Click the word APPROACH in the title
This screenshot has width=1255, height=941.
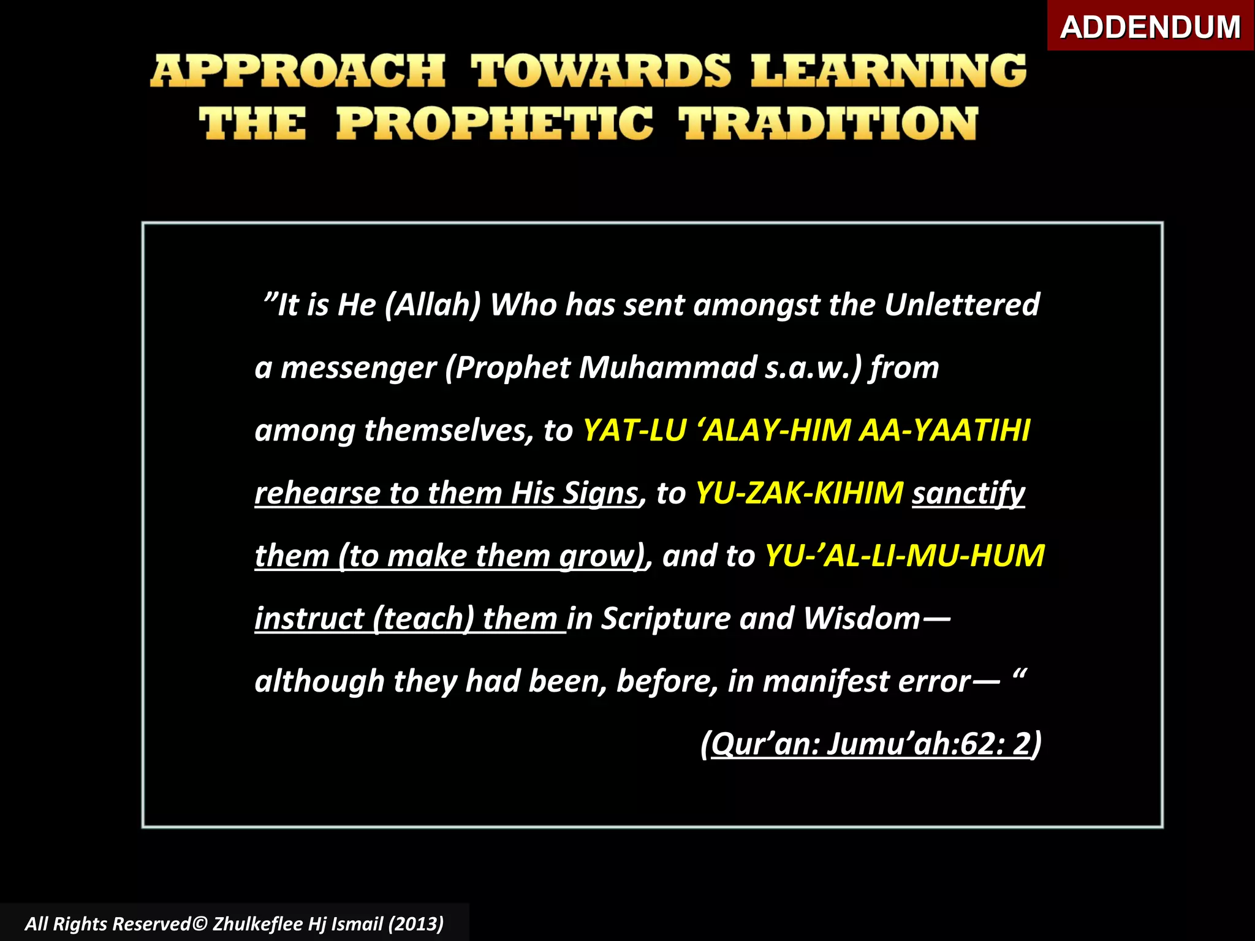pyautogui.click(x=298, y=71)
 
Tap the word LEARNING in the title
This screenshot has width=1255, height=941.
pyautogui.click(x=888, y=71)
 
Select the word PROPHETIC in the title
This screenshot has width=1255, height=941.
pyautogui.click(x=495, y=124)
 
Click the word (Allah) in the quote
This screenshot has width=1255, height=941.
pyautogui.click(x=433, y=305)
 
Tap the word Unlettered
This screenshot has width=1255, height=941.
pyautogui.click(x=961, y=305)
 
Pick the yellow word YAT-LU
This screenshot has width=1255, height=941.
pyautogui.click(x=634, y=430)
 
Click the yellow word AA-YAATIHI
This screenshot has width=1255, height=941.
pyautogui.click(x=944, y=430)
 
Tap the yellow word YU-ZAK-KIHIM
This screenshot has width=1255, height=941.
pyautogui.click(x=799, y=493)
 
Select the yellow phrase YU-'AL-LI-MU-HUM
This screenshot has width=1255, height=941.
pyautogui.click(x=904, y=556)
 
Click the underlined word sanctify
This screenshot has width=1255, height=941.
pyautogui.click(x=968, y=493)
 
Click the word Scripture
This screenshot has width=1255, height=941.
pyautogui.click(x=665, y=619)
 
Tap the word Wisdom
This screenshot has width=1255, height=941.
pyautogui.click(x=862, y=619)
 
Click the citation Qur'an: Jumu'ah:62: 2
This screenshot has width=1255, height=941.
pyautogui.click(x=871, y=744)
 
